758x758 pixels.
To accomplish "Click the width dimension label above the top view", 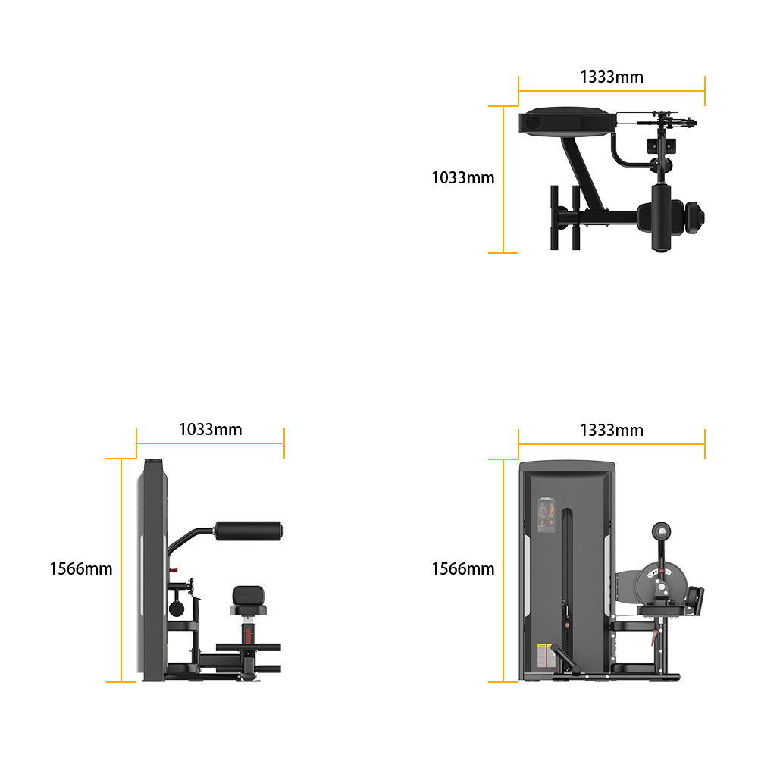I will coord(611,77).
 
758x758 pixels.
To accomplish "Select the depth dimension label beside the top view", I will coord(462,177).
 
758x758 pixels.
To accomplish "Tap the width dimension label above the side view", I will coord(211,430).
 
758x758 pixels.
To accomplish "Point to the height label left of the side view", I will coord(80,568).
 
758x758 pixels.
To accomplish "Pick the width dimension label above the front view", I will coord(611,430).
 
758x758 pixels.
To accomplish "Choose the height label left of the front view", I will coord(462,568).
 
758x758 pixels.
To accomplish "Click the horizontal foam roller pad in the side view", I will coord(248,531).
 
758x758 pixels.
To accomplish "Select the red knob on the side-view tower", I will coord(174,568).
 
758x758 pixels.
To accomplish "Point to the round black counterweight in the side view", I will coord(175,607).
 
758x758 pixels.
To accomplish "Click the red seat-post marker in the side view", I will coord(248,631).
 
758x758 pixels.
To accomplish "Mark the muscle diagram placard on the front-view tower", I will coord(547,518).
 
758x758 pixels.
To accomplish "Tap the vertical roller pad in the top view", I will coord(662,215).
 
